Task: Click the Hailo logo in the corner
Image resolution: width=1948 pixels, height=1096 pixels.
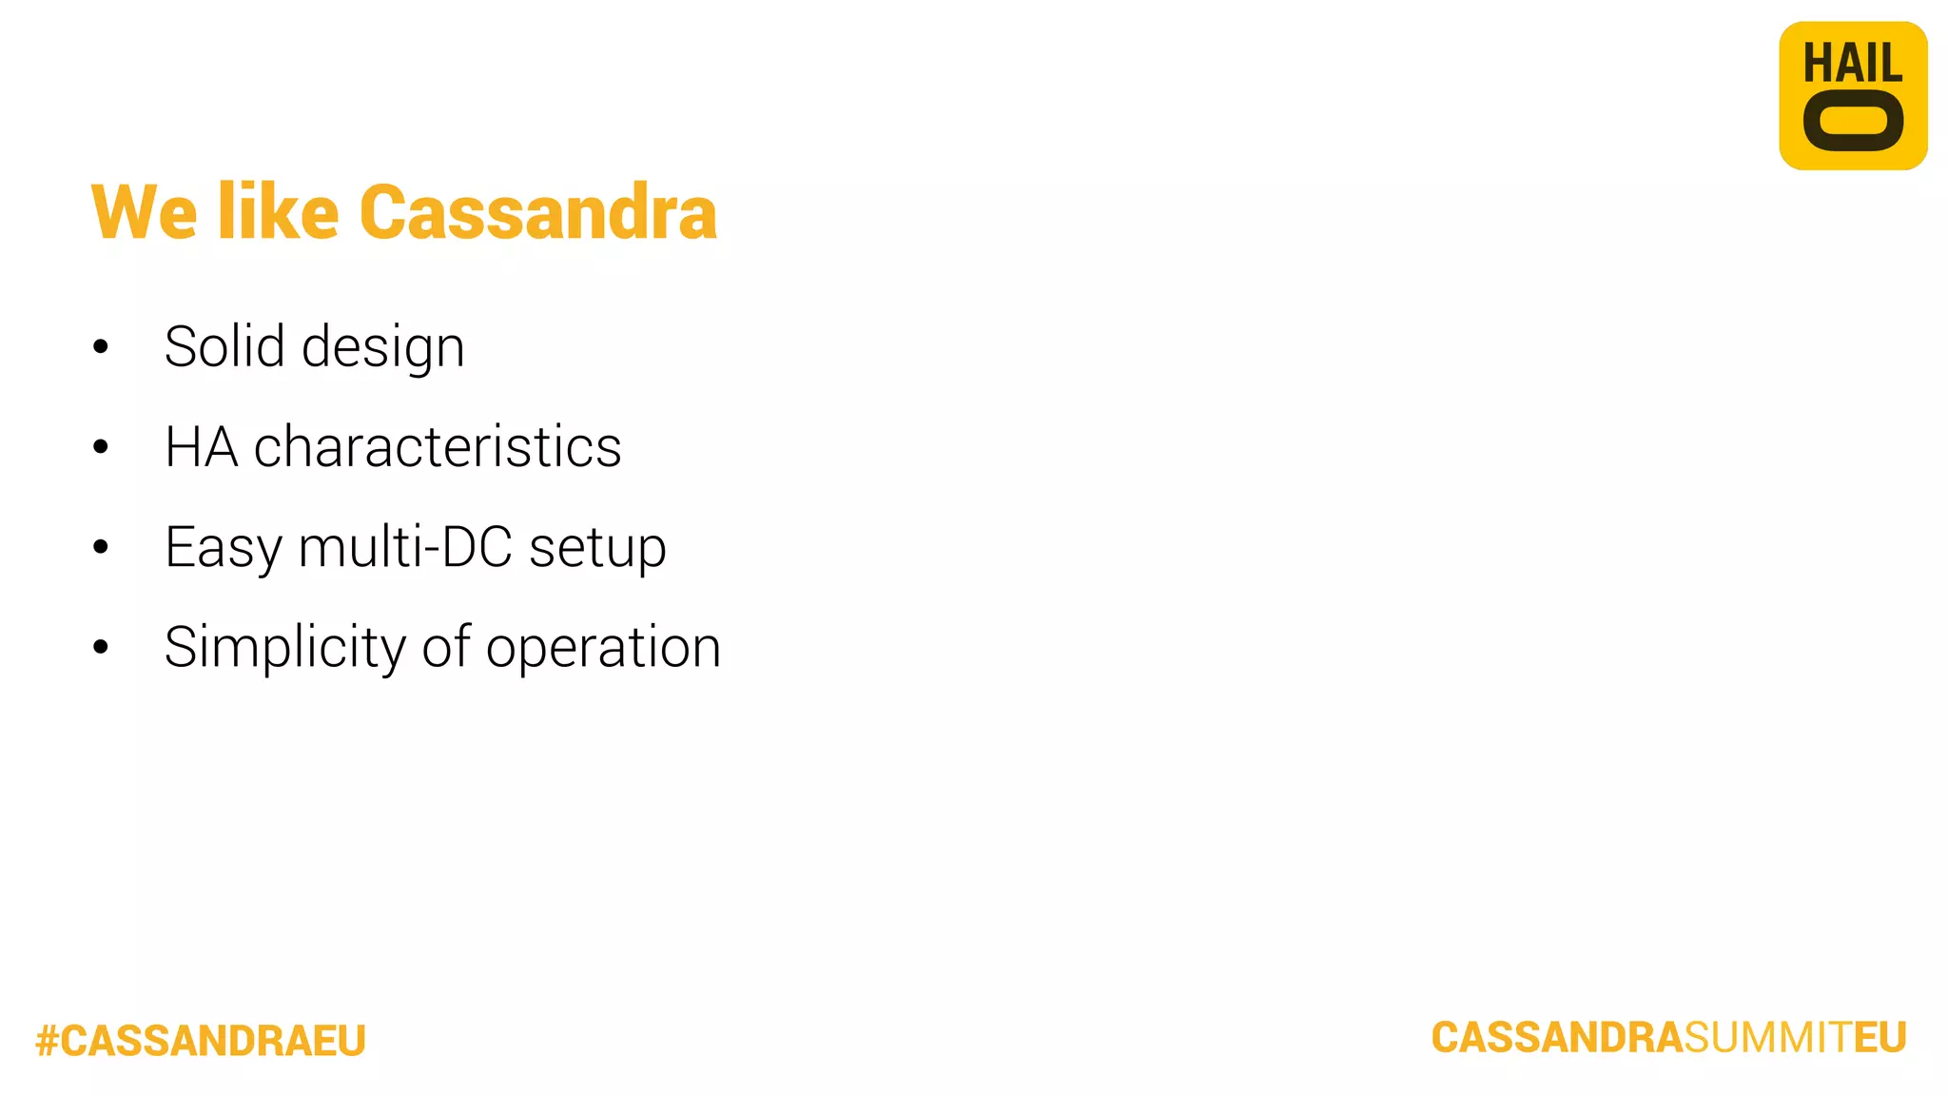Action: point(1852,96)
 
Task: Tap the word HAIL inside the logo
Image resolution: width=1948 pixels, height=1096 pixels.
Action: point(1852,64)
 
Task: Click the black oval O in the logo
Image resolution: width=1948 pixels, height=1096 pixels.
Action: point(1853,122)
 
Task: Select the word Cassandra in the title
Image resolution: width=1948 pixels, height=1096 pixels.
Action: point(537,212)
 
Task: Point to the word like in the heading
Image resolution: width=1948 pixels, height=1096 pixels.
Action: point(278,212)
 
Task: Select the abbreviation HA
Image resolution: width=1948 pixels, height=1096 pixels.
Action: point(201,446)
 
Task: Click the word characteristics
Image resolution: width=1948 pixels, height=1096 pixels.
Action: point(437,446)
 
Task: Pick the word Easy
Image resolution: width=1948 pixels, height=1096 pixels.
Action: point(224,548)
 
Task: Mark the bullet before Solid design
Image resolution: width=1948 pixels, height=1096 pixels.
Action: point(101,347)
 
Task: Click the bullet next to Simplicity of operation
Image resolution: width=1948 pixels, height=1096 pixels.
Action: point(101,648)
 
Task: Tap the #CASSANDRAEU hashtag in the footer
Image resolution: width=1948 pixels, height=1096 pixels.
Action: point(201,1040)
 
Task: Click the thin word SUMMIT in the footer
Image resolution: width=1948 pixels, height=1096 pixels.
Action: point(1767,1037)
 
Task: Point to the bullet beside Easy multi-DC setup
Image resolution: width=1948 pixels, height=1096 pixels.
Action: point(101,547)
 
